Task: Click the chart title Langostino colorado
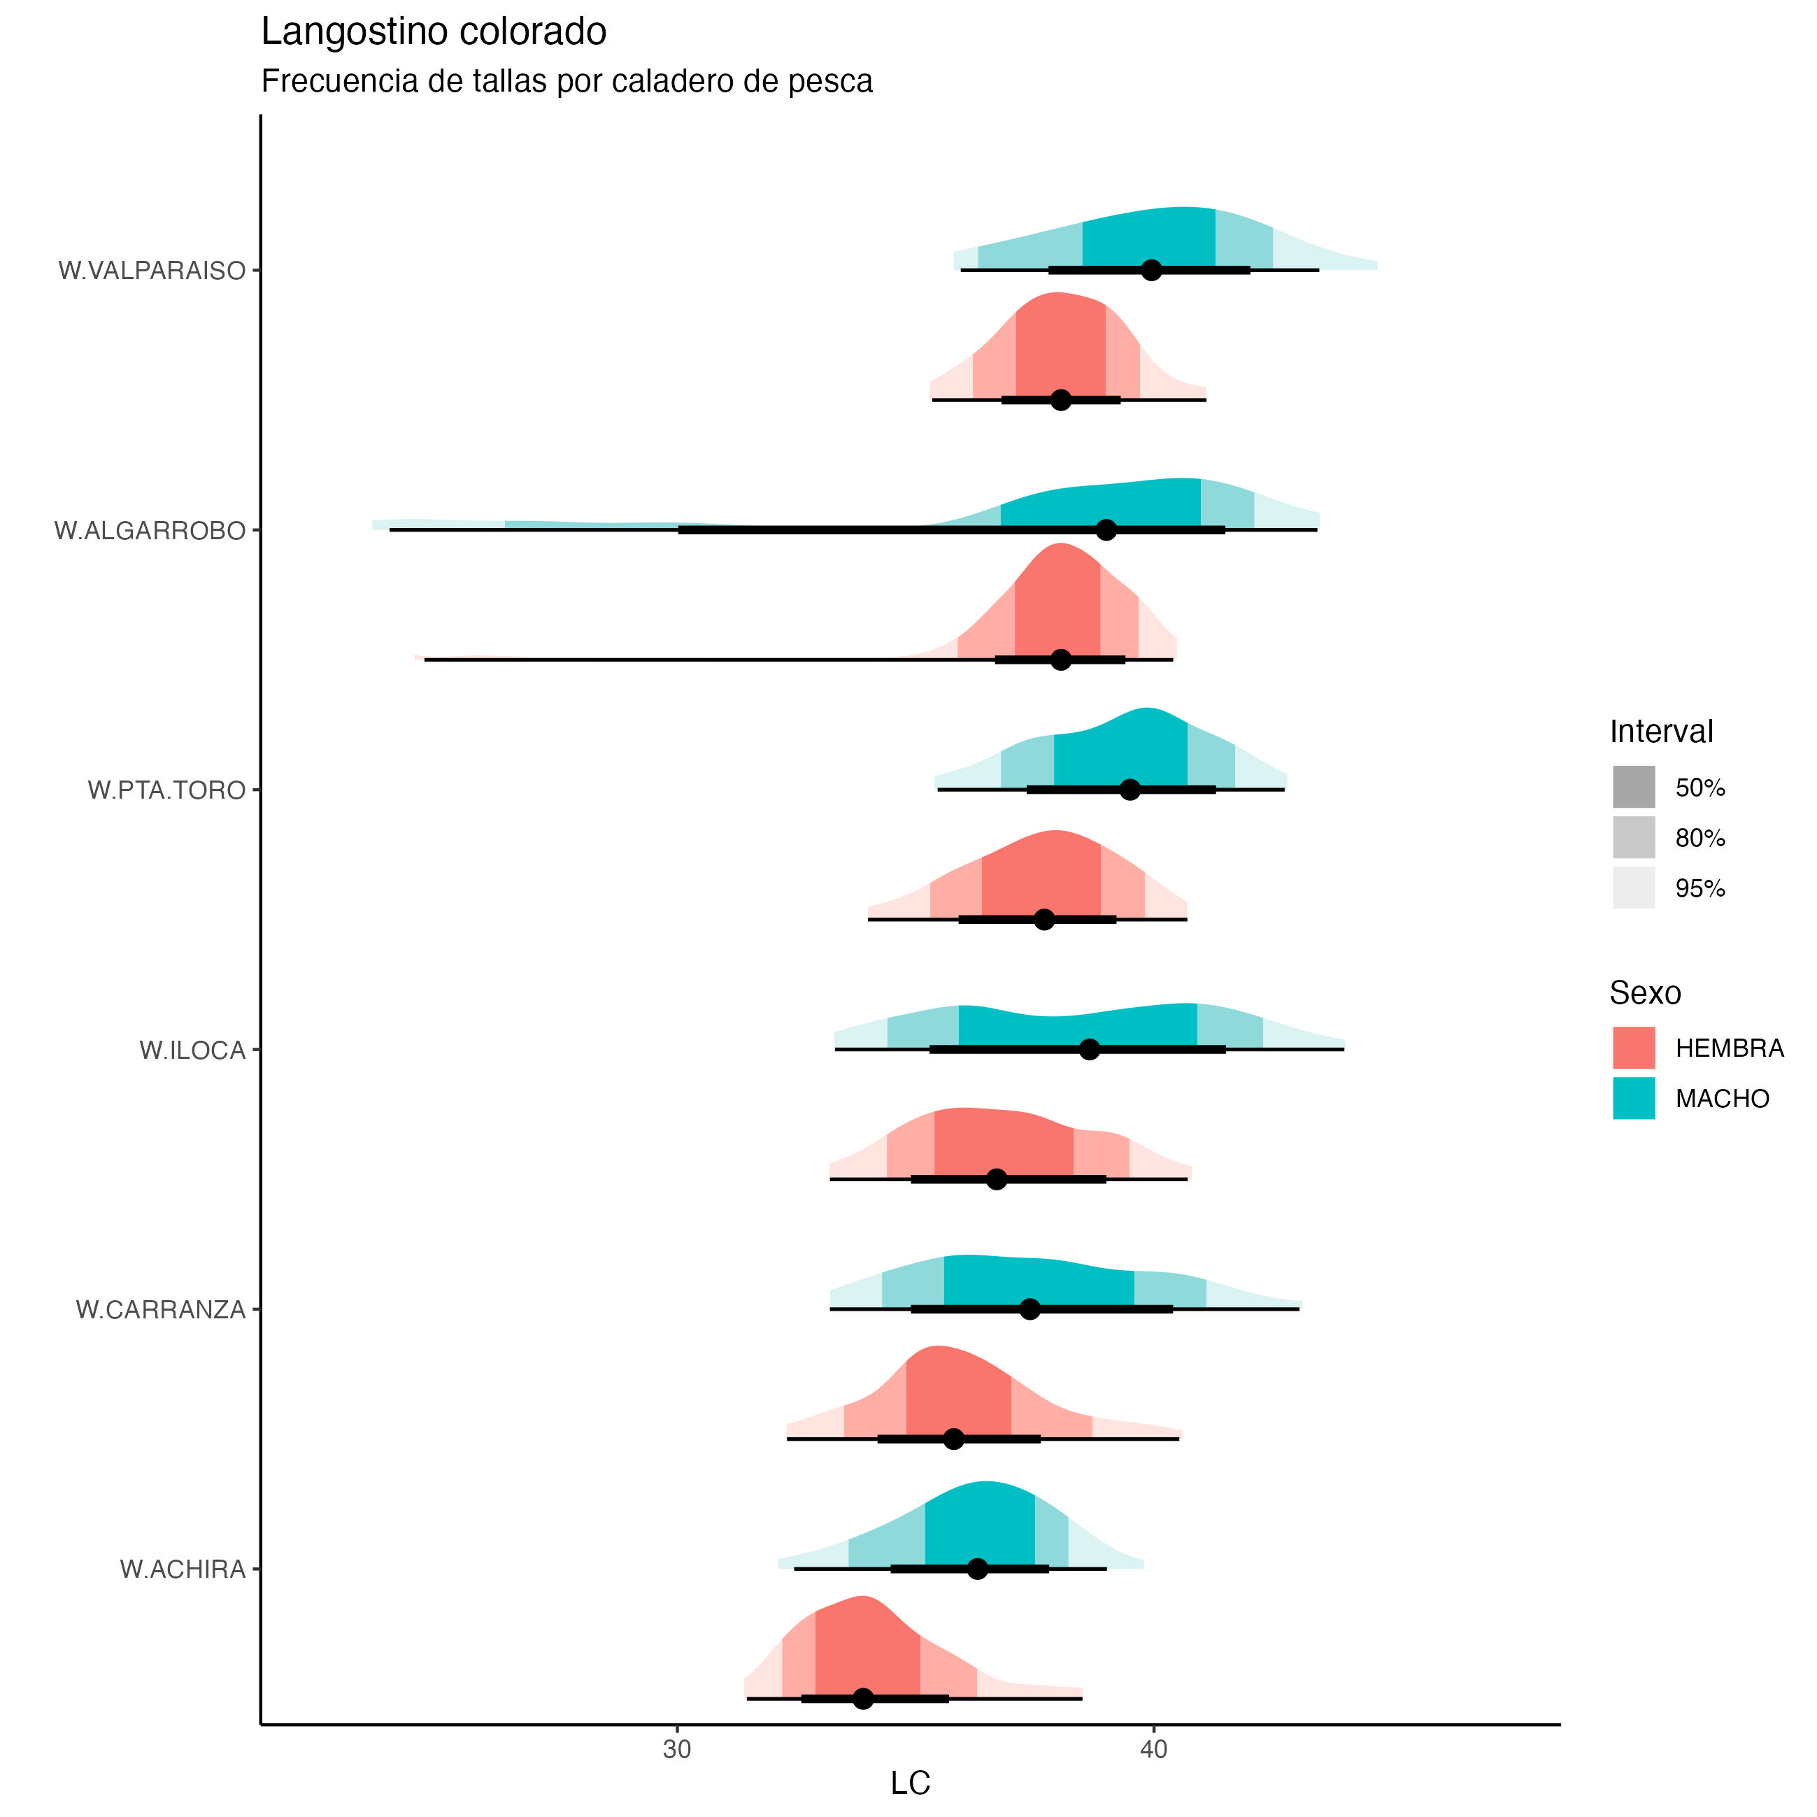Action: [x=434, y=32]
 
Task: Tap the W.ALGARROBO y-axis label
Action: [x=150, y=532]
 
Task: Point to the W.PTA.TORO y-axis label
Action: [x=166, y=790]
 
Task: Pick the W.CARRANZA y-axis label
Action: [x=160, y=1310]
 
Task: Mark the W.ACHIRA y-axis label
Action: [x=183, y=1569]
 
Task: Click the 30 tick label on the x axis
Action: [x=676, y=1751]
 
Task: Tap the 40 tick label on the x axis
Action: [x=1153, y=1751]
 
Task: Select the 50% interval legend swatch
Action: [x=1634, y=788]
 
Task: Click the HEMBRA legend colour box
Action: [x=1634, y=1048]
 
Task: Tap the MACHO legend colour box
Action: [x=1634, y=1099]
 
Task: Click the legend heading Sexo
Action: [x=1645, y=993]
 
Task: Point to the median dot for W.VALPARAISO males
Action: [x=1151, y=271]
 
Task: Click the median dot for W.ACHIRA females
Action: [x=862, y=1699]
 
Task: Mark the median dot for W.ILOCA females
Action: [x=997, y=1179]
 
